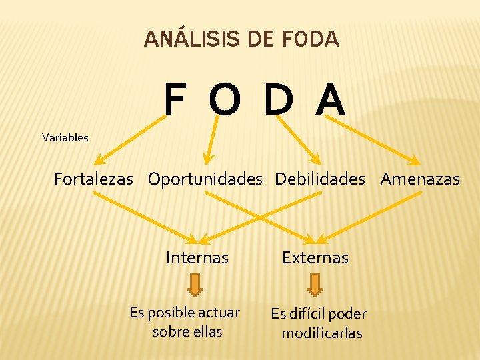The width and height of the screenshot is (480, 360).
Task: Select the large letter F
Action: pyautogui.click(x=175, y=101)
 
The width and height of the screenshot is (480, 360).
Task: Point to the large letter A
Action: pyautogui.click(x=331, y=101)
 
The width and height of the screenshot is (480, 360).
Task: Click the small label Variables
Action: pyautogui.click(x=65, y=138)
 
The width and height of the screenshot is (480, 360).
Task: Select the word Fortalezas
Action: pyautogui.click(x=93, y=179)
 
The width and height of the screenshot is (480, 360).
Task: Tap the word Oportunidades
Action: pyautogui.click(x=205, y=179)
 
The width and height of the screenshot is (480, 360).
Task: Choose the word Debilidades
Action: pyautogui.click(x=320, y=179)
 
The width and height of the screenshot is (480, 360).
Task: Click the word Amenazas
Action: pyautogui.click(x=420, y=179)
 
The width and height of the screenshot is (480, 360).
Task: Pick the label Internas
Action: pyautogui.click(x=197, y=257)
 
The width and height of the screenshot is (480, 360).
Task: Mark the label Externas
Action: pyautogui.click(x=315, y=257)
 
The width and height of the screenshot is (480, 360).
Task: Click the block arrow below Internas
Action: pyautogui.click(x=195, y=285)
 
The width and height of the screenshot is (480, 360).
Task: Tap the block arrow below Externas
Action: pyautogui.click(x=316, y=285)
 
